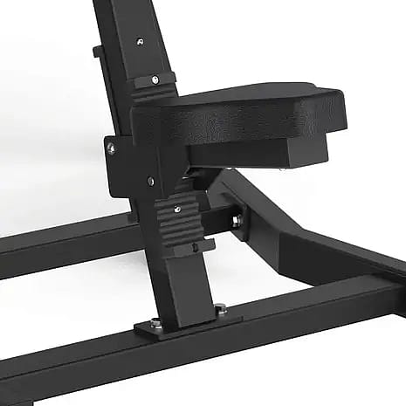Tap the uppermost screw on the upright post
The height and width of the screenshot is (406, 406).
[x=140, y=41]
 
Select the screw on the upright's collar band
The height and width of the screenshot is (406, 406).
[x=155, y=79]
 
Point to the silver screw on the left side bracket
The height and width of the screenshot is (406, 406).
[x=111, y=148]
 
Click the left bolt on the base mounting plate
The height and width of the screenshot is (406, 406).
[x=155, y=322]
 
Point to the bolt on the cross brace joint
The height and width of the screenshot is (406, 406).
[x=234, y=222]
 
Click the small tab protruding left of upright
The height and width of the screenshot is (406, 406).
[x=97, y=52]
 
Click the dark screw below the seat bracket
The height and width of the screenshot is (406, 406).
[x=150, y=182]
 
